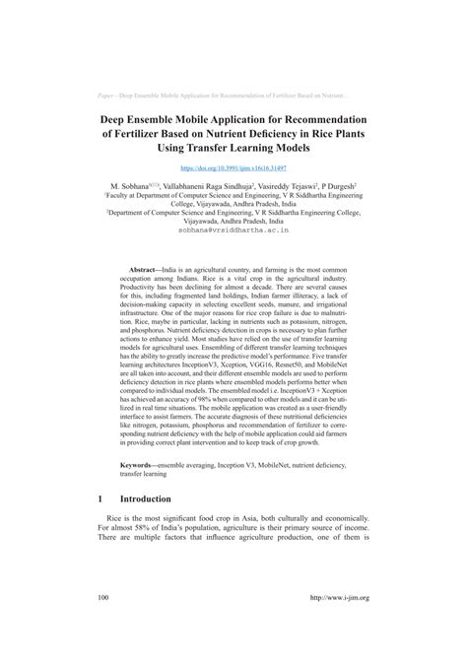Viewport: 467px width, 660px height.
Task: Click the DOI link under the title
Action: point(233,169)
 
